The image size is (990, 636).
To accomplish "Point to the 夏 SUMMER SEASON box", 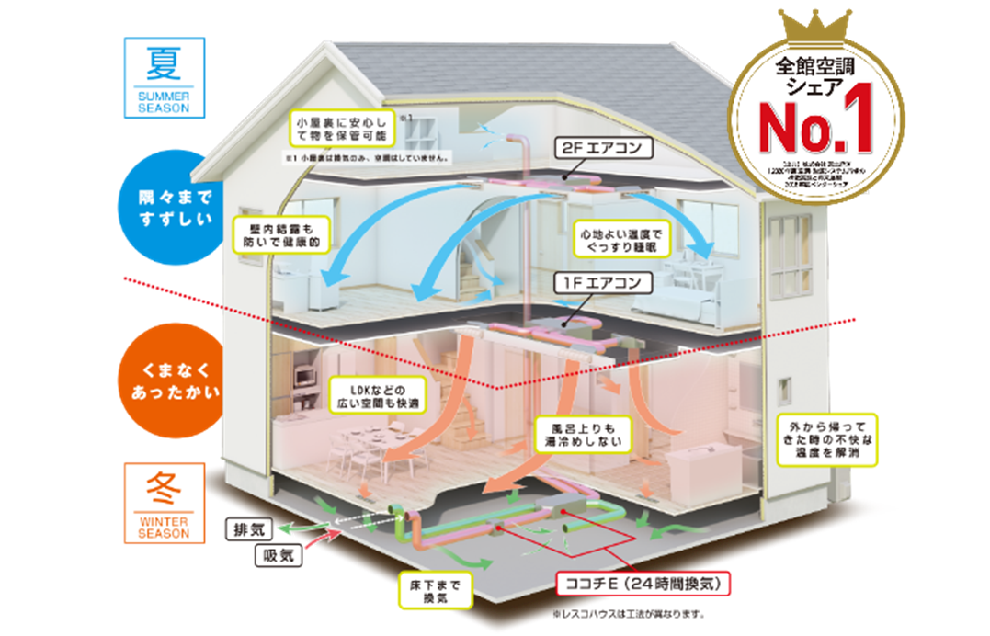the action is (x=164, y=76).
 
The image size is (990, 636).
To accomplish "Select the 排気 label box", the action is (x=251, y=529).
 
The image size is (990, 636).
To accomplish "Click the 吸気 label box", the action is (x=277, y=554).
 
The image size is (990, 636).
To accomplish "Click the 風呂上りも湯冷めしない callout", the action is (x=584, y=434).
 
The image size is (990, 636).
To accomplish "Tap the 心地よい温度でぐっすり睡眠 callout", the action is (x=617, y=237).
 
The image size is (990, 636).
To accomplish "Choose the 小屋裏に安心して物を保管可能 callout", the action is (x=340, y=129).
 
